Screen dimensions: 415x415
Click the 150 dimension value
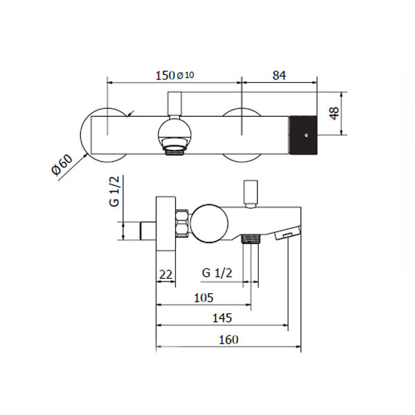165,75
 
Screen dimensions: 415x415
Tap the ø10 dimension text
185,75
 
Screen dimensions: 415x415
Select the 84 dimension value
279,75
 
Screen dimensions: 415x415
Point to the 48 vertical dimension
335,113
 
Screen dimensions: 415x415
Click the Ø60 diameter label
62,165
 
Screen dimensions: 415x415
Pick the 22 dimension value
166,275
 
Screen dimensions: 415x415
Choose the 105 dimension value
203,298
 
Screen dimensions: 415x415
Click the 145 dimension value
222,318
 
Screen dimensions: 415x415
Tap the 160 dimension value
229,340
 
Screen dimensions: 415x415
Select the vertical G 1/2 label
114,192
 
